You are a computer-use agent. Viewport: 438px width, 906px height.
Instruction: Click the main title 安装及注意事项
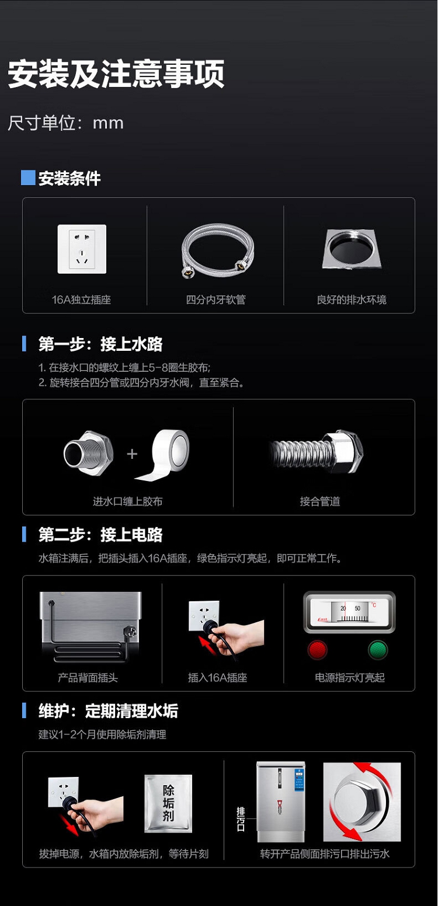pyautogui.click(x=116, y=74)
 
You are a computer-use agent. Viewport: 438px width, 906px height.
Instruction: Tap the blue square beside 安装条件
pyautogui.click(x=28, y=177)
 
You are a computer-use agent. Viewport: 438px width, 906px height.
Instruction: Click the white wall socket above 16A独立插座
pyautogui.click(x=82, y=249)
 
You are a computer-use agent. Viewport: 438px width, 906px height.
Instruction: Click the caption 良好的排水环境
pyautogui.click(x=352, y=299)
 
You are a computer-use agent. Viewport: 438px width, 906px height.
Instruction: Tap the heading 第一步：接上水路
pyautogui.click(x=100, y=344)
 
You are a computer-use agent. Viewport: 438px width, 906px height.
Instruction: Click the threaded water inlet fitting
pyautogui.click(x=89, y=453)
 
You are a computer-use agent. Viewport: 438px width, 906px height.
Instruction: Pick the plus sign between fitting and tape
pyautogui.click(x=132, y=454)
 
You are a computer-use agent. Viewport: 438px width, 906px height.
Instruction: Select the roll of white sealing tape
pyautogui.click(x=166, y=455)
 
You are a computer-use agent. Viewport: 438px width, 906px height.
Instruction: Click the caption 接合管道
pyautogui.click(x=320, y=501)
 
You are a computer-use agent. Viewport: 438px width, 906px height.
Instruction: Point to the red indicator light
pyautogui.click(x=317, y=650)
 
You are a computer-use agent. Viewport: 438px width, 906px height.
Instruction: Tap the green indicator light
pyautogui.click(x=378, y=650)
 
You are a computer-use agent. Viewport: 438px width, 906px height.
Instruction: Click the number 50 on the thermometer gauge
pyautogui.click(x=357, y=608)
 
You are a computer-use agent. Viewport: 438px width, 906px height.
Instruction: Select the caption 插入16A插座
pyautogui.click(x=217, y=678)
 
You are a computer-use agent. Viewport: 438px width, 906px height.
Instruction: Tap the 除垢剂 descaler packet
pyautogui.click(x=168, y=803)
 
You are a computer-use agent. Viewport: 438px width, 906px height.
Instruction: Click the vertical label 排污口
pyautogui.click(x=241, y=819)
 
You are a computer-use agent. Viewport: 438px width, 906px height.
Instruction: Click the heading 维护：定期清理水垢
pyautogui.click(x=108, y=711)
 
